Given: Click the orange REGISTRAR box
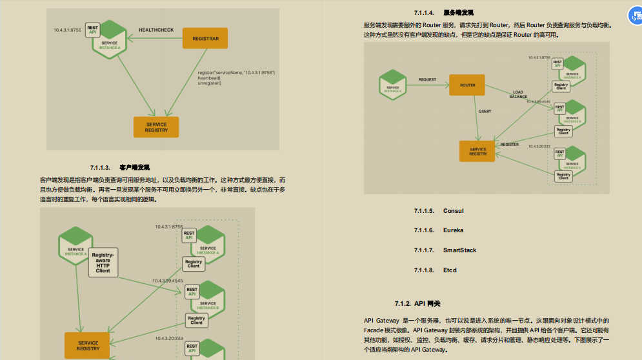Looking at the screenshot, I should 206,39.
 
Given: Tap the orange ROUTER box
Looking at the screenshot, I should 467,85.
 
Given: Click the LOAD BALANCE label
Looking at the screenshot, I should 518,94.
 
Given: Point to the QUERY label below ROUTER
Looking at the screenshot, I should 485,111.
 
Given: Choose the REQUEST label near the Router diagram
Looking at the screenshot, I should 427,80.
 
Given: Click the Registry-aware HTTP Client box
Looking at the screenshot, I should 103,261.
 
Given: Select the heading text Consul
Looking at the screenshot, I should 453,211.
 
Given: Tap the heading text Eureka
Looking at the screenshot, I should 453,230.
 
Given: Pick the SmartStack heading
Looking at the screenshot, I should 459,250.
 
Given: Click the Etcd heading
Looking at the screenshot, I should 450,270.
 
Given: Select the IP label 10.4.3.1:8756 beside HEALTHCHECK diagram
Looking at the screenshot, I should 67,30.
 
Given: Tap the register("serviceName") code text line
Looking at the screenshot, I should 236,73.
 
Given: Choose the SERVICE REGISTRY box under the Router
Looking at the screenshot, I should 478,151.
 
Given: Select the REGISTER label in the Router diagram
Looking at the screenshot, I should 510,145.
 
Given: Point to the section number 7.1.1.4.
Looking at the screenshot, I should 424,12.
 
